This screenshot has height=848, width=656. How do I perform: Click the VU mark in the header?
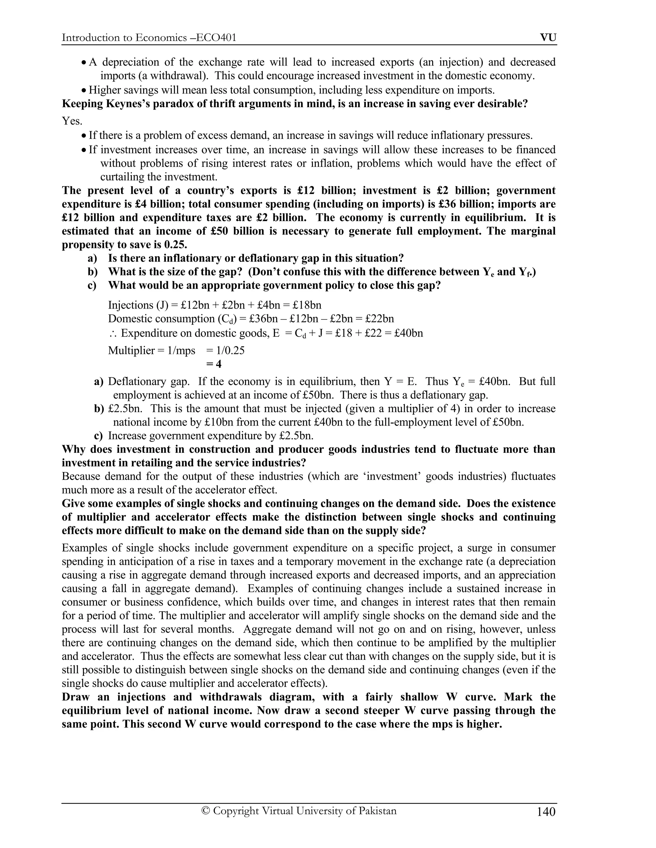548,38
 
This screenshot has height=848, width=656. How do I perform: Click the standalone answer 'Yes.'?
72,121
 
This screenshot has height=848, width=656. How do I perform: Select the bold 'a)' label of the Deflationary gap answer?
99,382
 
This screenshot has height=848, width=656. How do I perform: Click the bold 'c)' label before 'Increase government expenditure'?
99,436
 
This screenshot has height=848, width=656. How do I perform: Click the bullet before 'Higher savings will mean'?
84,91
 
